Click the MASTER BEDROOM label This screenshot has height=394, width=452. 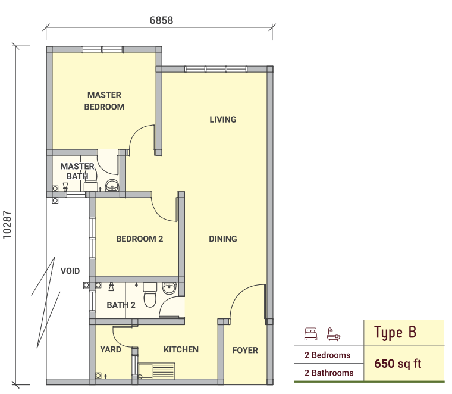(x=104, y=101)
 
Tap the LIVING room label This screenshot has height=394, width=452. (x=223, y=120)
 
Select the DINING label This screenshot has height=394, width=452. (x=223, y=239)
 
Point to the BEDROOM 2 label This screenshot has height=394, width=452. (x=140, y=239)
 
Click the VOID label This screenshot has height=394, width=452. (x=70, y=271)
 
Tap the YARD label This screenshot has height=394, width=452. (x=111, y=349)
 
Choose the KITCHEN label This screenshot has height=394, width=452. (x=181, y=349)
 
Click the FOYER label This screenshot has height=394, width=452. (x=245, y=350)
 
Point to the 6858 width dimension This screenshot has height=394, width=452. (x=161, y=20)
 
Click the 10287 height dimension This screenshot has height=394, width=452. (x=7, y=225)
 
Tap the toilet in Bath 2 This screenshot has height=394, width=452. (x=150, y=295)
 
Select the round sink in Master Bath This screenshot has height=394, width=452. (x=112, y=185)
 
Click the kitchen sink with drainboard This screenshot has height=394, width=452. (x=156, y=371)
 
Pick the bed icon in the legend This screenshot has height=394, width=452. (x=310, y=334)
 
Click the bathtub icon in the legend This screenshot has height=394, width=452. (x=333, y=334)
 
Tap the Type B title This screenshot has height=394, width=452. (x=395, y=332)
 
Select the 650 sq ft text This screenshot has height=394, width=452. (x=398, y=364)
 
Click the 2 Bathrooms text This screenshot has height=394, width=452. (x=329, y=373)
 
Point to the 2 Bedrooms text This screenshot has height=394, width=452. (x=328, y=355)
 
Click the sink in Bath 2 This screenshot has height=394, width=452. (x=169, y=288)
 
